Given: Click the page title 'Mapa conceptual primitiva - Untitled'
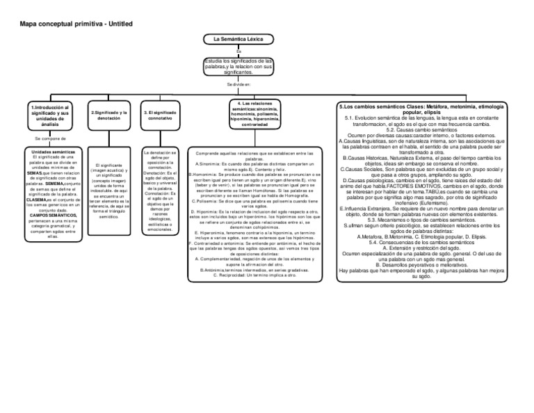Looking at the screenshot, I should point(76,25).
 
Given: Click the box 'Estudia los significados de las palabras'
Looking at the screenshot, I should point(238,66).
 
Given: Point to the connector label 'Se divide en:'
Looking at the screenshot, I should point(238,84).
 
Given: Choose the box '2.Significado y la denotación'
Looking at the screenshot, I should point(109,115).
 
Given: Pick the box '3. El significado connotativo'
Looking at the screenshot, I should point(160,115).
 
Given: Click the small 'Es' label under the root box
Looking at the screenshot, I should point(238,51).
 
